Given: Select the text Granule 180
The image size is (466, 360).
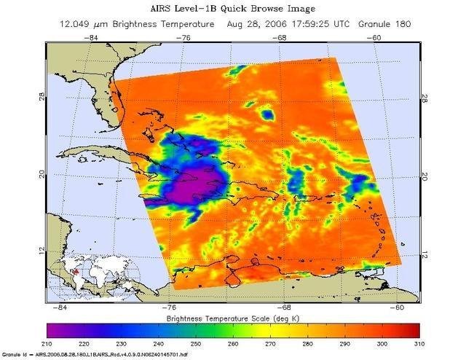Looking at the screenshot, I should [385, 24].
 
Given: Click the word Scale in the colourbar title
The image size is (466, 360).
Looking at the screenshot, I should [269, 318].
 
